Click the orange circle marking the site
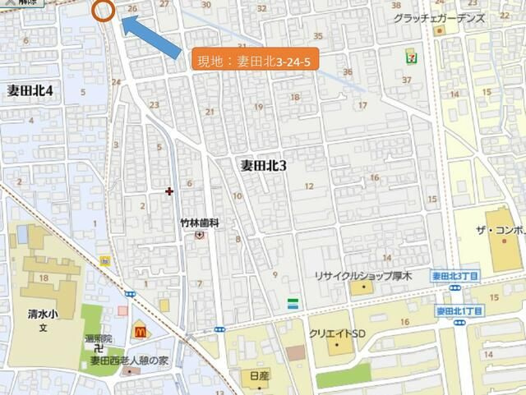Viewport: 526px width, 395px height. click(103, 11)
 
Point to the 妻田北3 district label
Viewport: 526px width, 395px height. click(263, 165)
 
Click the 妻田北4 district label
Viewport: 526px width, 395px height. click(30, 90)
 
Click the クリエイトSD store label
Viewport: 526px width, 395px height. click(336, 334)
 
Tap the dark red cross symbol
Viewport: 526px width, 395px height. click(169, 191)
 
